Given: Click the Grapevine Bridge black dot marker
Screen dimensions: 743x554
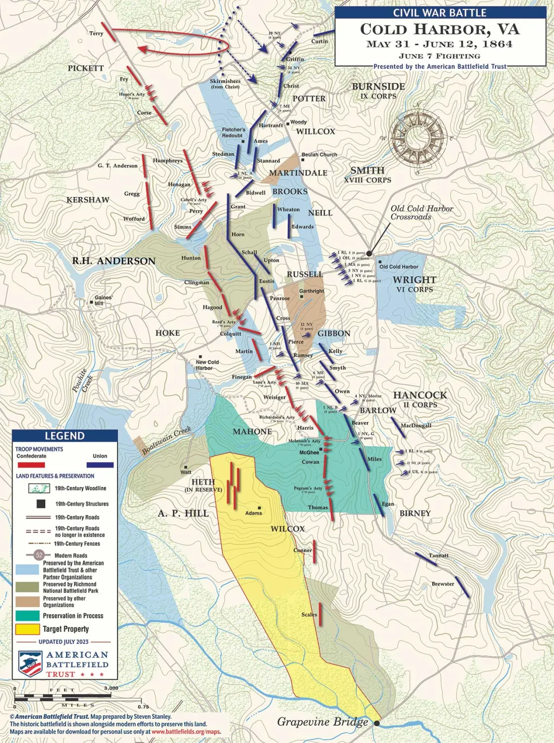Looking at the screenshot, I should [377, 723].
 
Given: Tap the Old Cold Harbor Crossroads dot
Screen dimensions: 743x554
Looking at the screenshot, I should [369, 253].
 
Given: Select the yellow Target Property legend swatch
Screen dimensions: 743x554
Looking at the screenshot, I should [27, 629].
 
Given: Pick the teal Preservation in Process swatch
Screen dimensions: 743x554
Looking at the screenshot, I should [27, 616].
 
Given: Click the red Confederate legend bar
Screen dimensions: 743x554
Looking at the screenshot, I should [31, 465].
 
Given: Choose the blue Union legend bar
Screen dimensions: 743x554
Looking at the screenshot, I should [100, 465].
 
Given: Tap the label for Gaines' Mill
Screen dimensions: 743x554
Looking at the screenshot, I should [103, 300].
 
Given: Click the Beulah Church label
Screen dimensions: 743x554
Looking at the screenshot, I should [319, 154].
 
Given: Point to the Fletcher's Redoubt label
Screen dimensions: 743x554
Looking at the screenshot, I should [233, 133].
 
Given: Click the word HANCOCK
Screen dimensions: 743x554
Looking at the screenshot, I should [419, 395].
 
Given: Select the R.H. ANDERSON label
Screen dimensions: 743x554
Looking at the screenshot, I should [114, 261].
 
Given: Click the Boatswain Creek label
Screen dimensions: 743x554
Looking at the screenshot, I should [166, 441].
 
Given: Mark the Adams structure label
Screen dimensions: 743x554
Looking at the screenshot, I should [254, 513].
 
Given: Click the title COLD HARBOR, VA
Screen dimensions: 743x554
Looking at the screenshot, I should [440, 30].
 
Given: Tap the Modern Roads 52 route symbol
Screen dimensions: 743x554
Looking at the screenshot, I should [40, 555].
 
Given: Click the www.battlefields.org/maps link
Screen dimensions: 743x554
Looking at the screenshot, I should [186, 732].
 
